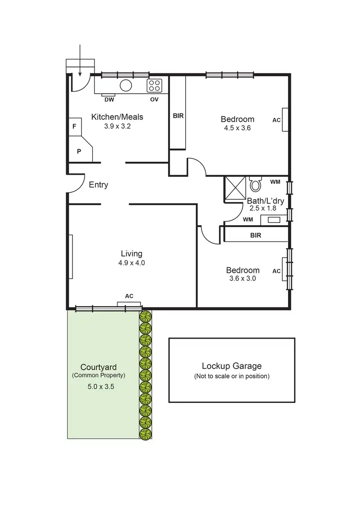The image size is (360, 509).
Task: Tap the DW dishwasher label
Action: [109, 99]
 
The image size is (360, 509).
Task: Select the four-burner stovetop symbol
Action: [155, 86]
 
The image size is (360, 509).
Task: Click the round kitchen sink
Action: [126, 85]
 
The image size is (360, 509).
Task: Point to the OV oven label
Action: [154, 99]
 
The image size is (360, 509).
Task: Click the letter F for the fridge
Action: [74, 127]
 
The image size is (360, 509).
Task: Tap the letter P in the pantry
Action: [79, 151]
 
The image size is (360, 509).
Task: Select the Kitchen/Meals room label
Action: [117, 117]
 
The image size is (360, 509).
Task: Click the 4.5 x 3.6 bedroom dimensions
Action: [238, 128]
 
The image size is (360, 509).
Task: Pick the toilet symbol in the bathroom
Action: [255, 184]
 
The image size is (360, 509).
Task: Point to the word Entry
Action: [98, 185]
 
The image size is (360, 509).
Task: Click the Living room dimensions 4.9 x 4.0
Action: [132, 263]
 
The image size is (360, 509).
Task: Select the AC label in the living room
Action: [129, 296]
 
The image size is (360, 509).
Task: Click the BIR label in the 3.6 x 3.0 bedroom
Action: [255, 236]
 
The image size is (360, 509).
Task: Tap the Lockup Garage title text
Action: [231, 366]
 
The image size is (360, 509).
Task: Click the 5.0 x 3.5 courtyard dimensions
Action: [98, 386]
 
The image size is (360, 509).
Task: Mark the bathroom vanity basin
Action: [273, 220]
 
